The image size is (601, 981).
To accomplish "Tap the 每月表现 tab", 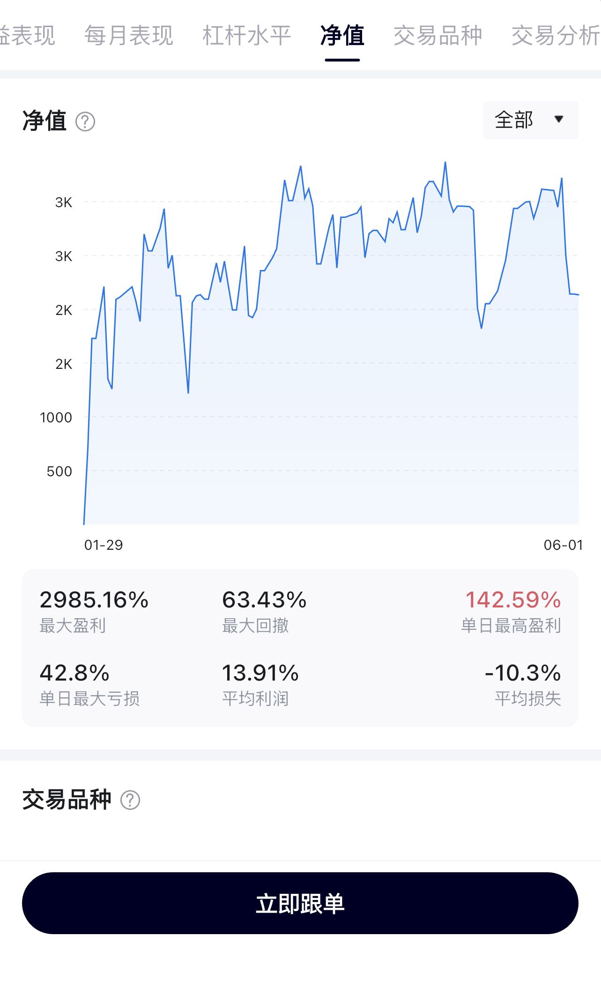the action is pos(129,36).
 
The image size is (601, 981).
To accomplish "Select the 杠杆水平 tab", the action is pos(247,36).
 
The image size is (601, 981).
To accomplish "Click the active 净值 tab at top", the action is pos(342,36).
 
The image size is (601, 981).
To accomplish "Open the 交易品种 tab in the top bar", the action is pos(438,36).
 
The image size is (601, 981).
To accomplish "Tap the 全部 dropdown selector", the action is pos(530,120).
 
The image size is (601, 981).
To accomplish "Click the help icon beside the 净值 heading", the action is pos(85,122).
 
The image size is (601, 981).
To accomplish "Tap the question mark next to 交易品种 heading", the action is pos(130,800).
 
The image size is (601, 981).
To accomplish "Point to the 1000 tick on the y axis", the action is pos(56,417).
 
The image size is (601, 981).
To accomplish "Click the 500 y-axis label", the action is pos(59,471).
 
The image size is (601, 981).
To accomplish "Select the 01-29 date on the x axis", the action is pos(104,545).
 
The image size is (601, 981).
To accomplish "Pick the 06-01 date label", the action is pos(564,545).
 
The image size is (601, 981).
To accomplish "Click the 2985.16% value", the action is pos(94,600).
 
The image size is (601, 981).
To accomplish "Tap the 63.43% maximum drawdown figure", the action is pos(264,600).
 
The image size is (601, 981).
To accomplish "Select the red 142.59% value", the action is pos(513,600).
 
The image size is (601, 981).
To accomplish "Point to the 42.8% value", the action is pos(74,673).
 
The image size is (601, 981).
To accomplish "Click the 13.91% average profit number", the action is pos(260,673).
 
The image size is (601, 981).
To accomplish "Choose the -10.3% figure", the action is pos(523,673).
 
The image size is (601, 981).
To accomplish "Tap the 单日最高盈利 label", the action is pos(511,626).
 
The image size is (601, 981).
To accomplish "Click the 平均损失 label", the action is pos(528,699).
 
